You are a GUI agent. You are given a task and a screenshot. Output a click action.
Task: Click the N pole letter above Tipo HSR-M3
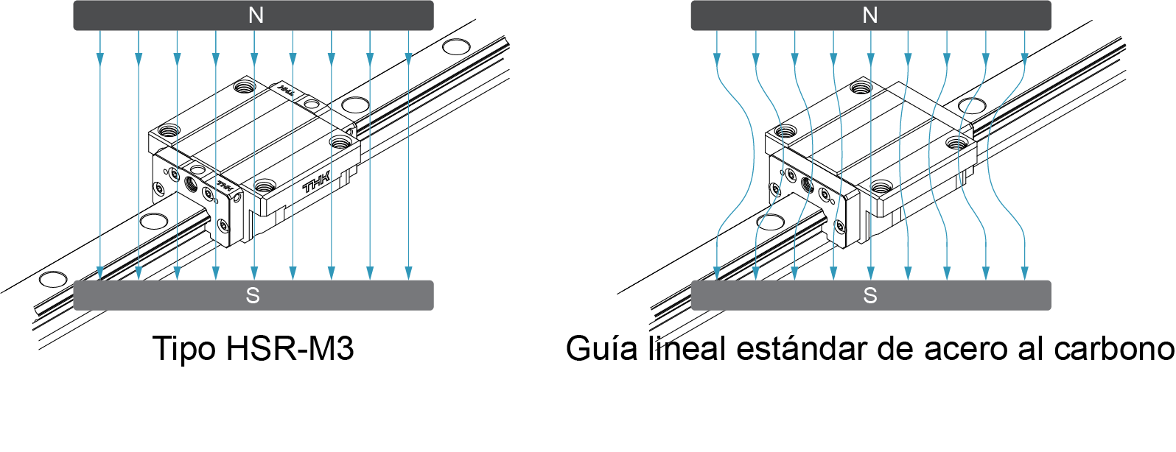point(256,15)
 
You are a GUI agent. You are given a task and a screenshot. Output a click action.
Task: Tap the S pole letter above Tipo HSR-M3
point(253,295)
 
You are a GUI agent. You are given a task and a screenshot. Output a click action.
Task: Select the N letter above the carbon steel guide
point(870,15)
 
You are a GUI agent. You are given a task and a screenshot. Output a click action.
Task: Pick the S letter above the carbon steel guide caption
point(870,295)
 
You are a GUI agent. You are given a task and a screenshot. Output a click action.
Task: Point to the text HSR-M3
point(290,348)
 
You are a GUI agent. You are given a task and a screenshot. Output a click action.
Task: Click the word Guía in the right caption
point(601,348)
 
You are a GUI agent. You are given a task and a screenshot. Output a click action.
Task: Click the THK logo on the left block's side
point(317,183)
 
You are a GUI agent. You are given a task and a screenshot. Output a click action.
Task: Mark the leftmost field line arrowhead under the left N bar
point(100,58)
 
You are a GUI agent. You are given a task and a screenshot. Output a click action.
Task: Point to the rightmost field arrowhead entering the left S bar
point(408,274)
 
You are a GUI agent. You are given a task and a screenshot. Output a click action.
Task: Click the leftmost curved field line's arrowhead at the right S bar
point(717,274)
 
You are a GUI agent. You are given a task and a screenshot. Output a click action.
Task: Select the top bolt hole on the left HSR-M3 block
point(242,87)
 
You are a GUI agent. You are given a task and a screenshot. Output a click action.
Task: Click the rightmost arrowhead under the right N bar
point(1024,57)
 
